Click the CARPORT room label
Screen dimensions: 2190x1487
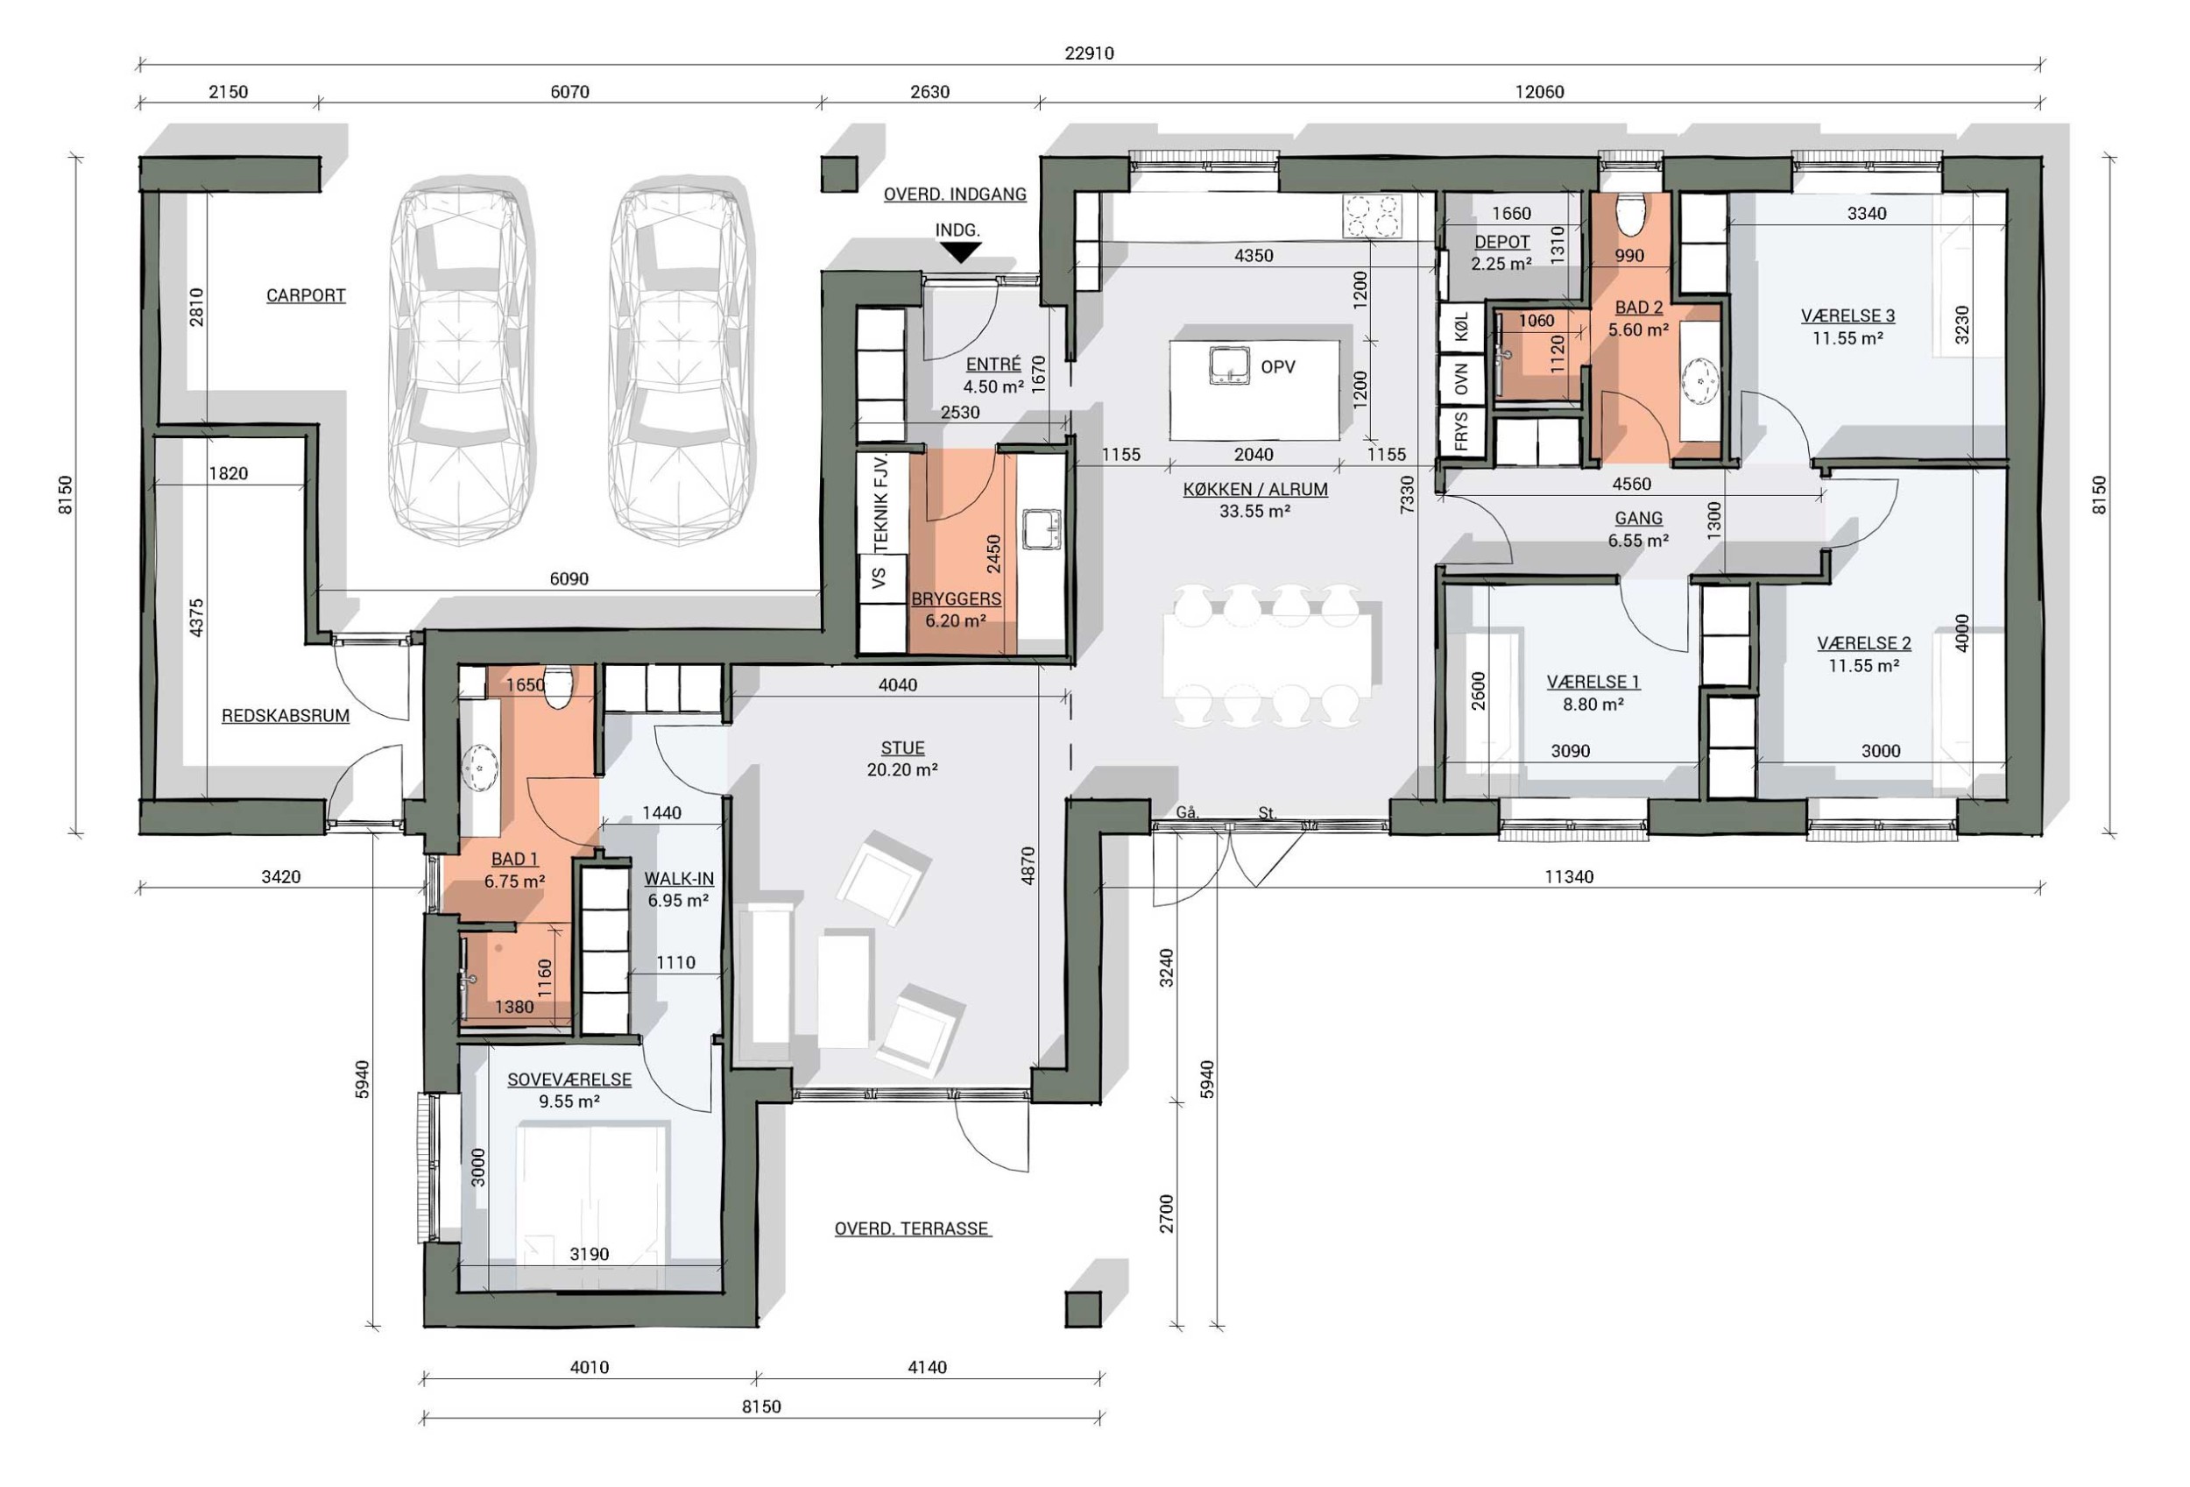[x=306, y=295]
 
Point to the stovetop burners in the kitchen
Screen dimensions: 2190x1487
[x=1372, y=215]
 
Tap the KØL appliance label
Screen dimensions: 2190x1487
[x=1461, y=327]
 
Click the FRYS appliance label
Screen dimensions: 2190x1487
[x=1461, y=432]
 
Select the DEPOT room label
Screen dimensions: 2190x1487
[x=1502, y=242]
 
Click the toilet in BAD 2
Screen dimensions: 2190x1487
[x=1630, y=212]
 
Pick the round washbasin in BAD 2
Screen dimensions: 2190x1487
[x=1701, y=380]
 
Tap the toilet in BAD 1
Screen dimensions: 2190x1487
[x=558, y=686]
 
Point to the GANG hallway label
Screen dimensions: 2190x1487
[x=1638, y=518]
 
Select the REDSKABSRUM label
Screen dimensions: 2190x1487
[x=286, y=715]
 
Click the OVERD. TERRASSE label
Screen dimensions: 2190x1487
[x=912, y=1229]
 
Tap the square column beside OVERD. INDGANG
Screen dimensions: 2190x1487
[x=837, y=174]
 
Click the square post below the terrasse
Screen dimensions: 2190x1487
[x=1083, y=1309]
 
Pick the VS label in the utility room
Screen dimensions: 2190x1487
[x=879, y=577]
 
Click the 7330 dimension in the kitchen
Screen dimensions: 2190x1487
[x=1407, y=494]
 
